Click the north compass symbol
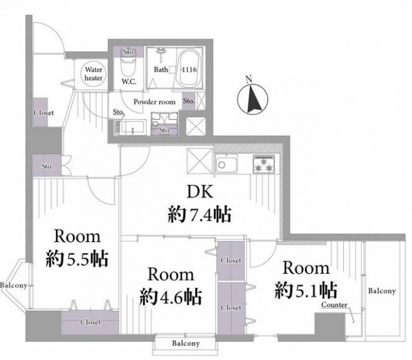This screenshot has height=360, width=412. [x=252, y=99]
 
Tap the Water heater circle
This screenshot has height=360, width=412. [x=93, y=74]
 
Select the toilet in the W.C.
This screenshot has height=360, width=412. [x=129, y=66]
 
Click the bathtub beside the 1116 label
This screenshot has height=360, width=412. [x=189, y=68]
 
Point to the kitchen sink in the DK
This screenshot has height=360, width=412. [x=226, y=164]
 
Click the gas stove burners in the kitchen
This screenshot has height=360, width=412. [x=264, y=164]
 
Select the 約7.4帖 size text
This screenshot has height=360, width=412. [x=200, y=214]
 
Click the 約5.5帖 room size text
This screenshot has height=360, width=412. [x=77, y=259]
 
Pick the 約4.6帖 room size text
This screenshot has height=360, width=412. [x=171, y=297]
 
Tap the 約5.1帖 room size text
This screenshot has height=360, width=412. [x=306, y=290]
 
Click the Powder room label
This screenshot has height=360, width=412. [x=154, y=102]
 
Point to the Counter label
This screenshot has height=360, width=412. [x=334, y=305]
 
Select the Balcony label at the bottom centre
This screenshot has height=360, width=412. [x=186, y=343]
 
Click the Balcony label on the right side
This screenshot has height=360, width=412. [x=382, y=291]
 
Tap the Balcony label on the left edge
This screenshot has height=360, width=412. [x=14, y=285]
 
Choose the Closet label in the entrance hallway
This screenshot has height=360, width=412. [x=44, y=113]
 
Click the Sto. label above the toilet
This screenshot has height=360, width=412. [x=129, y=52]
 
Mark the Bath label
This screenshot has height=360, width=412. [x=161, y=70]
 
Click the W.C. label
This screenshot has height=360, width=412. [x=129, y=81]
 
